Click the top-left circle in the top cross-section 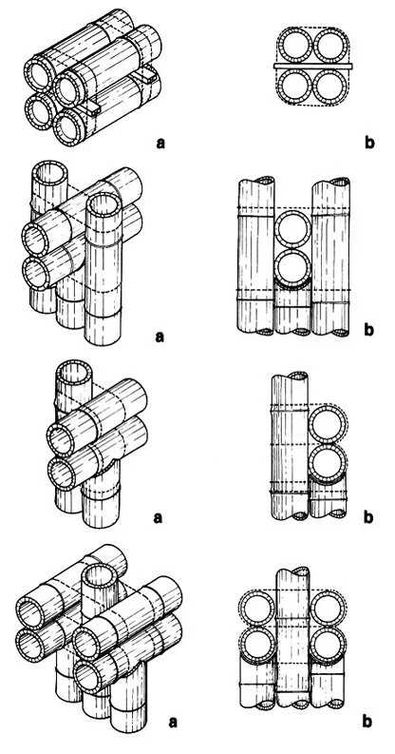click(292, 45)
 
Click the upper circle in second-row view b click(294, 229)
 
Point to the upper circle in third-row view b click(327, 426)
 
